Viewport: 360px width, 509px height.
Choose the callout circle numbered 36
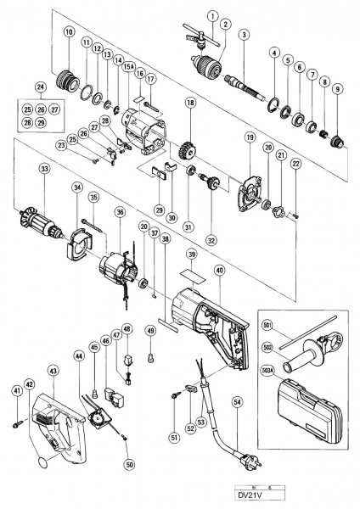click(x=120, y=211)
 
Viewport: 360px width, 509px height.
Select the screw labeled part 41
click(x=16, y=418)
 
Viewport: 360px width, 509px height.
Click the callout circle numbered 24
click(x=41, y=86)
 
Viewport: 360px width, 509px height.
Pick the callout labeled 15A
click(x=130, y=65)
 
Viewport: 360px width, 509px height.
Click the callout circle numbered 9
click(x=338, y=88)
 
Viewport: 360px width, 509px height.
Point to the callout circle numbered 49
click(x=151, y=330)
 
